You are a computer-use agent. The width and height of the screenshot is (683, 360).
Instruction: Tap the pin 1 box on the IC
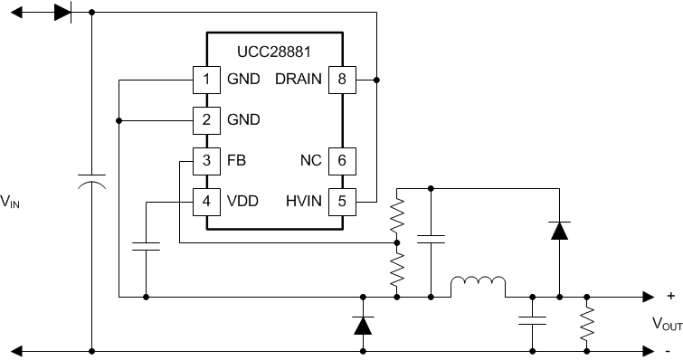click(206, 80)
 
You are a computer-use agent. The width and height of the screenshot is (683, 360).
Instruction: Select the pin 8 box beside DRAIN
click(341, 80)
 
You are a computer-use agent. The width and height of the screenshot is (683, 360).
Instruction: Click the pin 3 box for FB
click(206, 160)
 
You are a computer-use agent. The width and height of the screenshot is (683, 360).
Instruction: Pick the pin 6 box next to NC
click(341, 160)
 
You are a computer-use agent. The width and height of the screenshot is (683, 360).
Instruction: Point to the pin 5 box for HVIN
click(341, 201)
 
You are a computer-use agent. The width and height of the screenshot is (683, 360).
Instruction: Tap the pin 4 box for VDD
click(206, 201)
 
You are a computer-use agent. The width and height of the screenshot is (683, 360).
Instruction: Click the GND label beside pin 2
click(243, 119)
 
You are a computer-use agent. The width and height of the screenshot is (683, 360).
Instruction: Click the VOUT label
click(667, 323)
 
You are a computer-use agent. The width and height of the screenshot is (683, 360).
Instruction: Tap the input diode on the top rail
click(62, 13)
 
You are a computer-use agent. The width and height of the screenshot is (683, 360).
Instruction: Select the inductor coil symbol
click(478, 287)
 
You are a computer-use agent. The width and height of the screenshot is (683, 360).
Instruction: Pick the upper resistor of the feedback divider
click(395, 215)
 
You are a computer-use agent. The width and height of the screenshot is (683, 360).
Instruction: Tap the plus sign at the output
click(669, 296)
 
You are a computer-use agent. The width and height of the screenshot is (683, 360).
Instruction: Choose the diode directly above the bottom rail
click(363, 324)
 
